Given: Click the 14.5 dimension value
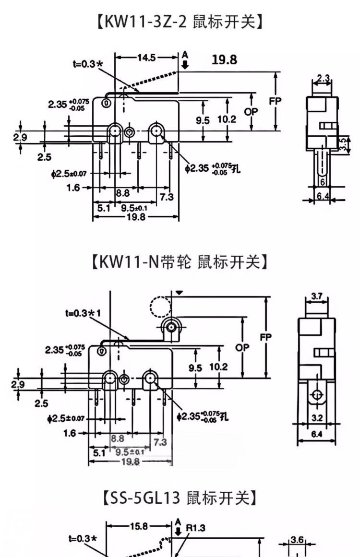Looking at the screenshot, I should click(146, 58).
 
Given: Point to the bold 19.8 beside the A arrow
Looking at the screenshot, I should click(224, 59).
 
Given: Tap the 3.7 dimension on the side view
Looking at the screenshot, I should click(316, 296).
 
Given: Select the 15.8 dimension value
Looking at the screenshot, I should click(139, 526).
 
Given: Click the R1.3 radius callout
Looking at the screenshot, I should click(195, 528).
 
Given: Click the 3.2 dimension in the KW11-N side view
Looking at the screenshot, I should click(316, 418).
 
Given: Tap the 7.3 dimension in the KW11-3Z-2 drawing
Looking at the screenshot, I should click(167, 197).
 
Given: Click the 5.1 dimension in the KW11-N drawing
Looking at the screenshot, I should click(99, 452).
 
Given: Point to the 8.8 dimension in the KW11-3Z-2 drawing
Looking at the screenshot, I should click(123, 193).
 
